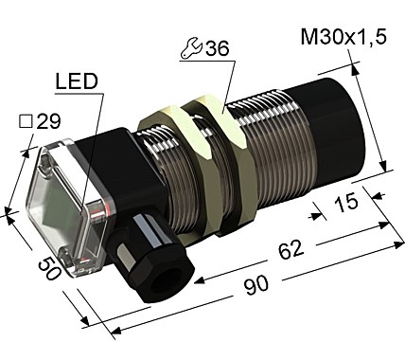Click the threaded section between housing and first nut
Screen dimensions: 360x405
[x=142, y=156]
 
